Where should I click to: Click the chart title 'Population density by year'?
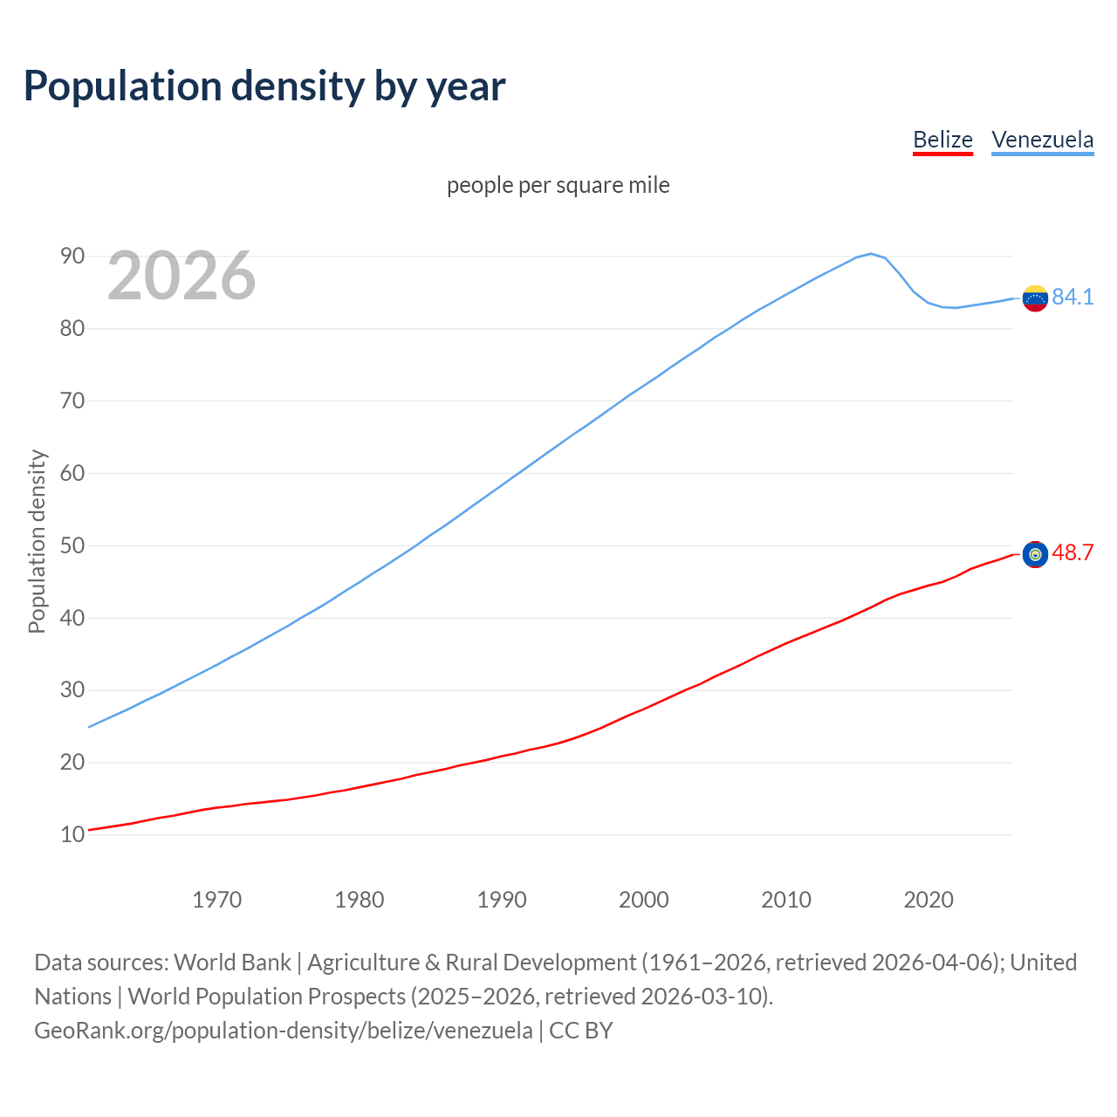pyautogui.click(x=264, y=86)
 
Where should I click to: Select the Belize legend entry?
pyautogui.click(x=942, y=140)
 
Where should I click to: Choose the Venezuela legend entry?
pyautogui.click(x=1042, y=140)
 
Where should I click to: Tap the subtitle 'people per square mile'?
pyautogui.click(x=558, y=185)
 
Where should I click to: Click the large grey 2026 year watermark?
pyautogui.click(x=182, y=276)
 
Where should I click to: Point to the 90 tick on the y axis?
pyautogui.click(x=72, y=256)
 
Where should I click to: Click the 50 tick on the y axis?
pyautogui.click(x=72, y=545)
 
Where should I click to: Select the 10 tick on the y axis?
pyautogui.click(x=72, y=834)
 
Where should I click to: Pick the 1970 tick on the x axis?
pyautogui.click(x=216, y=900)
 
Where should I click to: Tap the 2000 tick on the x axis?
pyautogui.click(x=643, y=900)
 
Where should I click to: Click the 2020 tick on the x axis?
pyautogui.click(x=928, y=900)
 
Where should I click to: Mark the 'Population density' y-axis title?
pyautogui.click(x=37, y=541)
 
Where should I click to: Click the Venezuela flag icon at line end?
pyautogui.click(x=1035, y=298)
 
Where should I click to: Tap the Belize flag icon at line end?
pyautogui.click(x=1035, y=554)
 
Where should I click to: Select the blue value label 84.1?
pyautogui.click(x=1072, y=298)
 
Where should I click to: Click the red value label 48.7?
pyautogui.click(x=1072, y=553)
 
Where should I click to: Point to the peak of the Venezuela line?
pyautogui.click(x=870, y=254)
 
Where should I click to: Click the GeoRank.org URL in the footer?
pyautogui.click(x=284, y=1031)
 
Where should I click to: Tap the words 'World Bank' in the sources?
pyautogui.click(x=232, y=963)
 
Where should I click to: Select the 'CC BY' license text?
pyautogui.click(x=581, y=1031)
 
